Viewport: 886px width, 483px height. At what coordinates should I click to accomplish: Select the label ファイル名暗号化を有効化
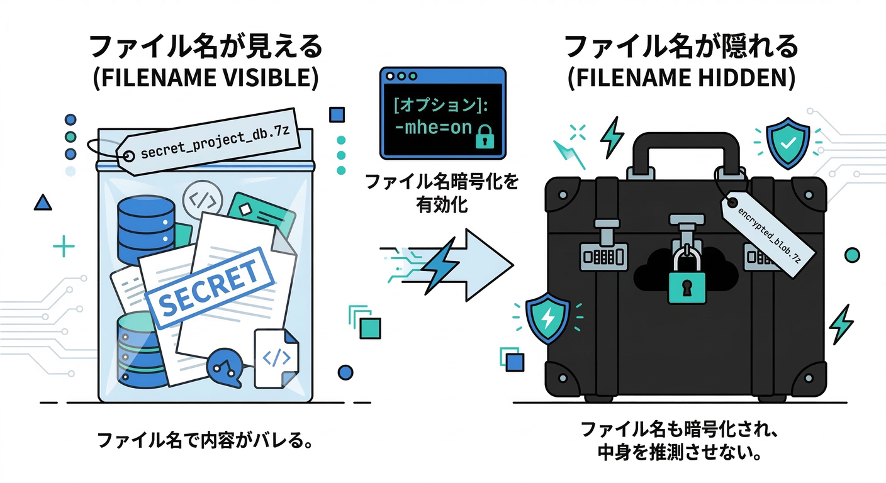tap(442, 193)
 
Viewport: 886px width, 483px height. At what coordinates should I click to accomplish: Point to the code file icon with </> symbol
tap(276, 358)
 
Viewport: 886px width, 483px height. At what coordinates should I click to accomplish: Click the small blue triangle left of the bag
tap(43, 203)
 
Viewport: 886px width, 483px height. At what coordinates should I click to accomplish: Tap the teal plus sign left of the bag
tap(64, 247)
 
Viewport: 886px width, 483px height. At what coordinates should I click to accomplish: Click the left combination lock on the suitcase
tap(602, 256)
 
